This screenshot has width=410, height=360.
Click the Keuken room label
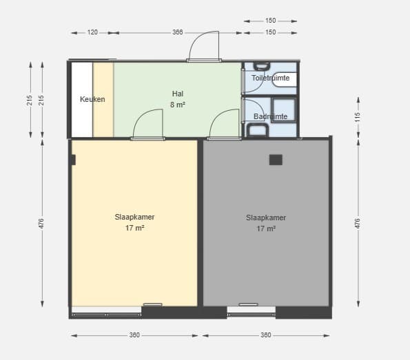[x=92, y=99]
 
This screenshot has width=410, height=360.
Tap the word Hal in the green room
[x=178, y=94]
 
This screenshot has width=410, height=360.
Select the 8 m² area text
[x=178, y=105]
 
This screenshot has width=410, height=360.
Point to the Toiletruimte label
[x=270, y=78]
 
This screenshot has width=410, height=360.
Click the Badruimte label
[x=270, y=116]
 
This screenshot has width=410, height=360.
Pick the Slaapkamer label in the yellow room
[x=134, y=217]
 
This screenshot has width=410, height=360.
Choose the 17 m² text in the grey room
[x=266, y=229]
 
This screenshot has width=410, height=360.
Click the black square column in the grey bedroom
[x=276, y=160]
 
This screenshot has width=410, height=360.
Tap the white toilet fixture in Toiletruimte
[x=284, y=80]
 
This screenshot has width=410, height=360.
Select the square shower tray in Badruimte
[x=283, y=109]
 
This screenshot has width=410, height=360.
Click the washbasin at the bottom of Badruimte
[x=258, y=130]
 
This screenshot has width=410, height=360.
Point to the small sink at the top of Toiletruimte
[x=262, y=66]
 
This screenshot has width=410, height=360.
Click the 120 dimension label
[x=92, y=32]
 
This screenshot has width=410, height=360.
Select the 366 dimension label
[x=178, y=32]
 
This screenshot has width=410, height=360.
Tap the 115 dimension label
[x=358, y=117]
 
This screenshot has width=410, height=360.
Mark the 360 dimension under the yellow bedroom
[x=134, y=335]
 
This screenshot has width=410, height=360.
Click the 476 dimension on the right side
[x=358, y=224]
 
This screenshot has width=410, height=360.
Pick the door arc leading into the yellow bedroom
[x=148, y=123]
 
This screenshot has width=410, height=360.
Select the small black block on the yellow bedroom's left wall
[x=74, y=160]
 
